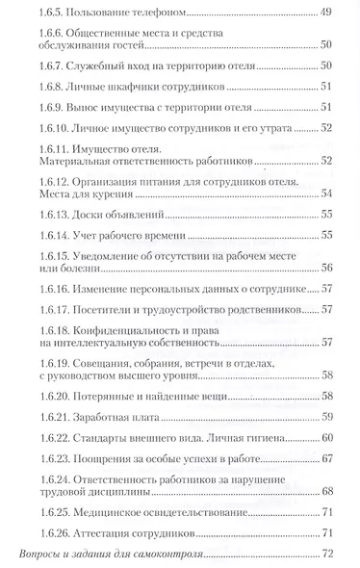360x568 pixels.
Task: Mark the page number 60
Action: pyautogui.click(x=326, y=439)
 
